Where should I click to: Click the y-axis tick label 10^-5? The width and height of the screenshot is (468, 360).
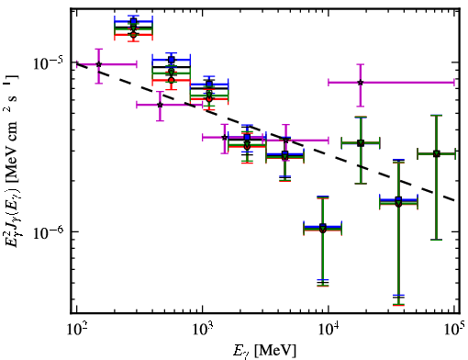[48, 63]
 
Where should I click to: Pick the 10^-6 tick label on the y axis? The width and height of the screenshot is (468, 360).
[48, 232]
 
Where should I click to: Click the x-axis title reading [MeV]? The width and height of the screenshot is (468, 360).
[275, 350]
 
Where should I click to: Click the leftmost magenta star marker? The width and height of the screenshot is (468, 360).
[99, 64]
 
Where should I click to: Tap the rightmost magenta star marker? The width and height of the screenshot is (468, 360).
[361, 83]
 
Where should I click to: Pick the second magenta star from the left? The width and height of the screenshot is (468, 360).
[160, 105]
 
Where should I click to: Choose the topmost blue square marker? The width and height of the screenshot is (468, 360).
[133, 21]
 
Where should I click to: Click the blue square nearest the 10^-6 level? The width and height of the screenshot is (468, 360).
[323, 227]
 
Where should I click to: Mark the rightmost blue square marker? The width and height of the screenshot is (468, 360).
[398, 200]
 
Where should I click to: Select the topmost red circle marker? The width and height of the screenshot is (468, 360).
[133, 35]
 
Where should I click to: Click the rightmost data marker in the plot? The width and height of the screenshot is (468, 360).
[437, 153]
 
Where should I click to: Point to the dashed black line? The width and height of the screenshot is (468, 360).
[266, 132]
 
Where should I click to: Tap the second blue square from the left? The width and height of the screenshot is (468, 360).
[172, 60]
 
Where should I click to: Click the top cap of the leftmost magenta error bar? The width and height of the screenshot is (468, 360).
[99, 49]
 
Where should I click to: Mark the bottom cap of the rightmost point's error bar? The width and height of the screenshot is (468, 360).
[437, 240]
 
